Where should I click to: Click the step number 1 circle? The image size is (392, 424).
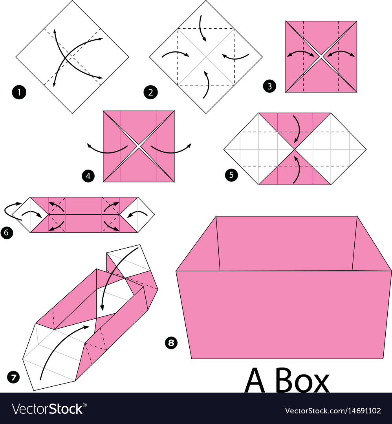[19, 93]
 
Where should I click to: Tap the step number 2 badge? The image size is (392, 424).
[151, 93]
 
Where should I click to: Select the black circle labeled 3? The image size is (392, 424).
[269, 86]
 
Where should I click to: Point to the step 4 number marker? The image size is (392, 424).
[88, 176]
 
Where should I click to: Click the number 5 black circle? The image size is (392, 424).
[231, 175]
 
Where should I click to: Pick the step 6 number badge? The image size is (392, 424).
[7, 232]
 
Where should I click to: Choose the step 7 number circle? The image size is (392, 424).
[13, 377]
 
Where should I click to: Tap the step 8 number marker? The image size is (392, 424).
[171, 343]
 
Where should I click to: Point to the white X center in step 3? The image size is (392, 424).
[321, 57]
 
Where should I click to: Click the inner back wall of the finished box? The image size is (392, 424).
[286, 243]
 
